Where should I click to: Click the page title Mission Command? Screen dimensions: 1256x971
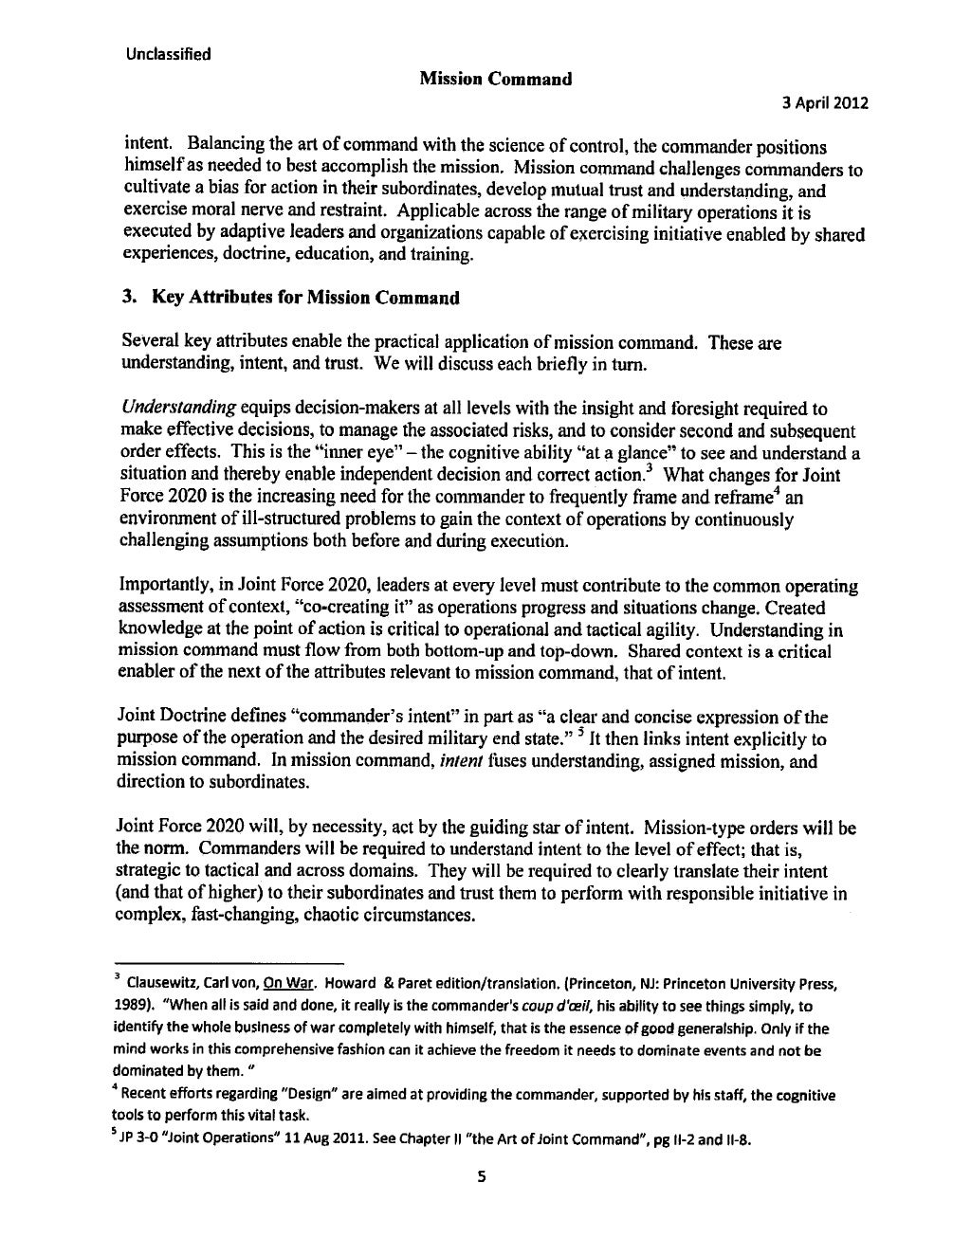click(494, 79)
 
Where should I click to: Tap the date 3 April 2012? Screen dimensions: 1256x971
click(824, 103)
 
